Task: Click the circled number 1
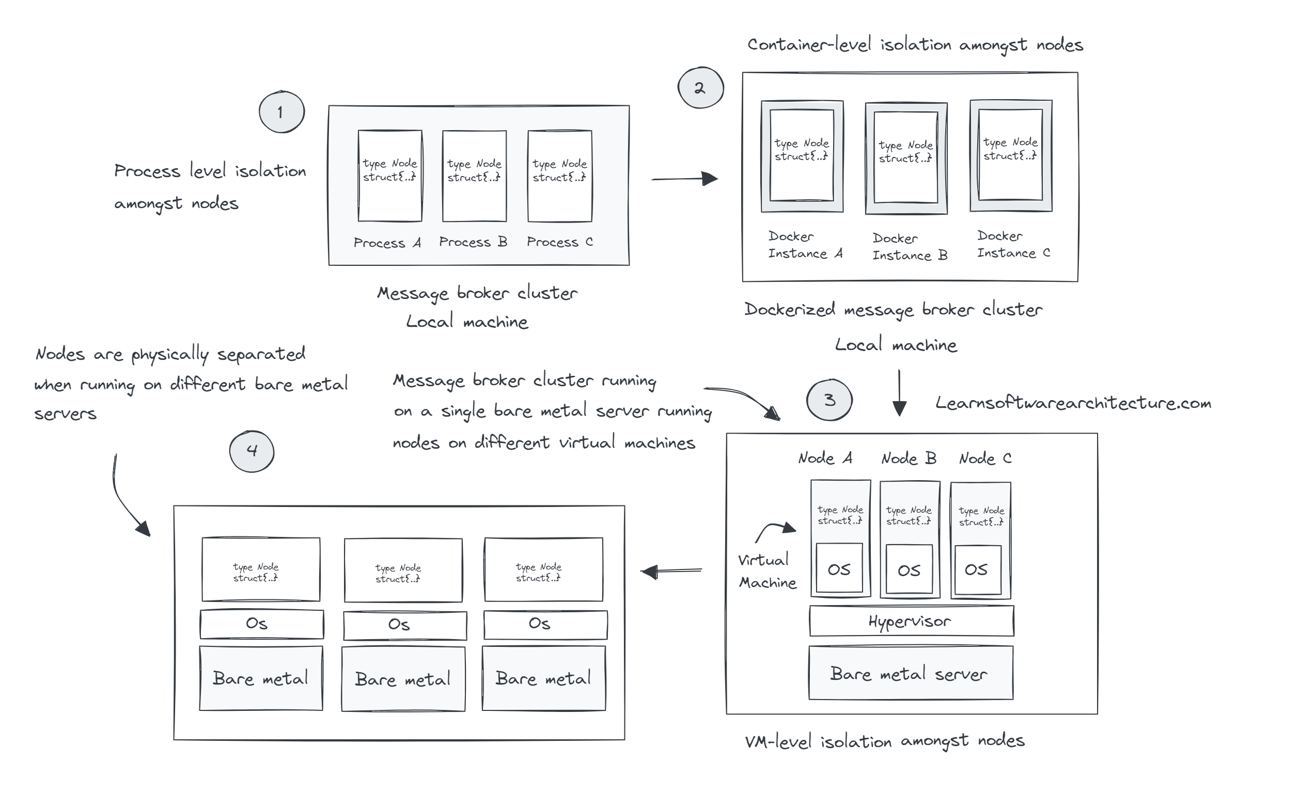[x=281, y=112]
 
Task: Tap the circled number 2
[x=700, y=88]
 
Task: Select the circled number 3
[x=829, y=400]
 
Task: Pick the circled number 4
[x=252, y=451]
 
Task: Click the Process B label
[x=473, y=242]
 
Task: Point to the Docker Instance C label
[x=1013, y=245]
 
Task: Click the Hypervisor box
[x=911, y=621]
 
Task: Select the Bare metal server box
[x=911, y=674]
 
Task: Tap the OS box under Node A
[x=839, y=569]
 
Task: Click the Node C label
[x=984, y=458]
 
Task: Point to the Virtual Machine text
[x=767, y=572]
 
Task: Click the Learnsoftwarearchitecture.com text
[x=1073, y=403]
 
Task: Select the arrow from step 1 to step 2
[x=684, y=179]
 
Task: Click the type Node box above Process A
[x=390, y=176]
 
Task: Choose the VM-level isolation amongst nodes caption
[x=884, y=741]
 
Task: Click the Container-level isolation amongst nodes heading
[x=915, y=45]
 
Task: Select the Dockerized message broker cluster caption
[x=893, y=310]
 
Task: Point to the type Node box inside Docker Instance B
[x=905, y=157]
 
